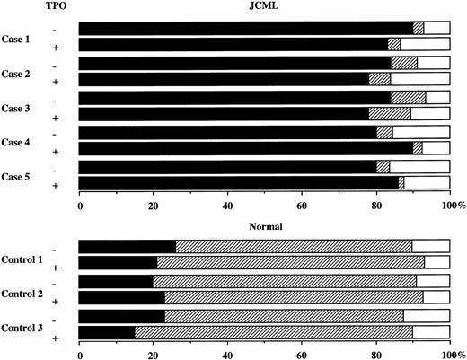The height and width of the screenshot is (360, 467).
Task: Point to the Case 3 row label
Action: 21,106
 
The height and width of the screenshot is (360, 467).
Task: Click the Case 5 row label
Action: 21,175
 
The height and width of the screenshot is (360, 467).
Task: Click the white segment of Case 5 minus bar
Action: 419,166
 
